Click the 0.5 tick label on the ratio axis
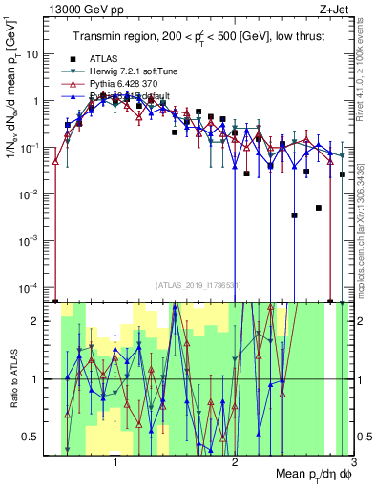coord(32,437)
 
